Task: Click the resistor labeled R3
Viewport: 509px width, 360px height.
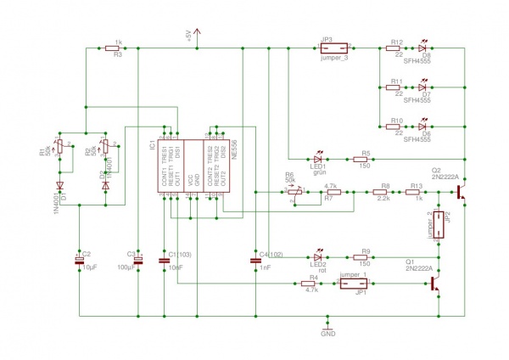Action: pos(118,48)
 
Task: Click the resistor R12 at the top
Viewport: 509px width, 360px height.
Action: pos(394,48)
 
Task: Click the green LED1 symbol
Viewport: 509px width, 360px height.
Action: pos(319,158)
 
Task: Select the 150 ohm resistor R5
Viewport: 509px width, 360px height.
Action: pos(364,158)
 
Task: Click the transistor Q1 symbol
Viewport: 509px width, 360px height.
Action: pos(437,286)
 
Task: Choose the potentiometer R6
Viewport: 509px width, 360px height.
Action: pos(294,191)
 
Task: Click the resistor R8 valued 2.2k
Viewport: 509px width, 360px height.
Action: pos(383,192)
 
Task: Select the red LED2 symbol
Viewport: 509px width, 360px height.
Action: pos(319,257)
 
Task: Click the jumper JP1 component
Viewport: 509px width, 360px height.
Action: pos(353,286)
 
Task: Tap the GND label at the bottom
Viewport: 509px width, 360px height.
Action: pos(328,334)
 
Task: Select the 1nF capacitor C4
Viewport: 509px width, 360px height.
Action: pos(255,258)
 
